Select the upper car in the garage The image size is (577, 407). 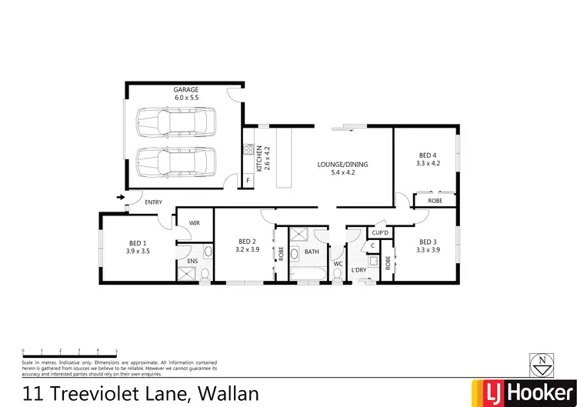click(x=172, y=122)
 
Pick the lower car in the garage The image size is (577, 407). click(x=172, y=162)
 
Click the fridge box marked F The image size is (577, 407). click(x=248, y=181)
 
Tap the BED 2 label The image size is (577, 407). click(x=247, y=240)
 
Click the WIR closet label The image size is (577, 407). click(x=195, y=223)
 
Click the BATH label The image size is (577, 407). click(x=312, y=252)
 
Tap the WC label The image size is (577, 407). click(x=337, y=264)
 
